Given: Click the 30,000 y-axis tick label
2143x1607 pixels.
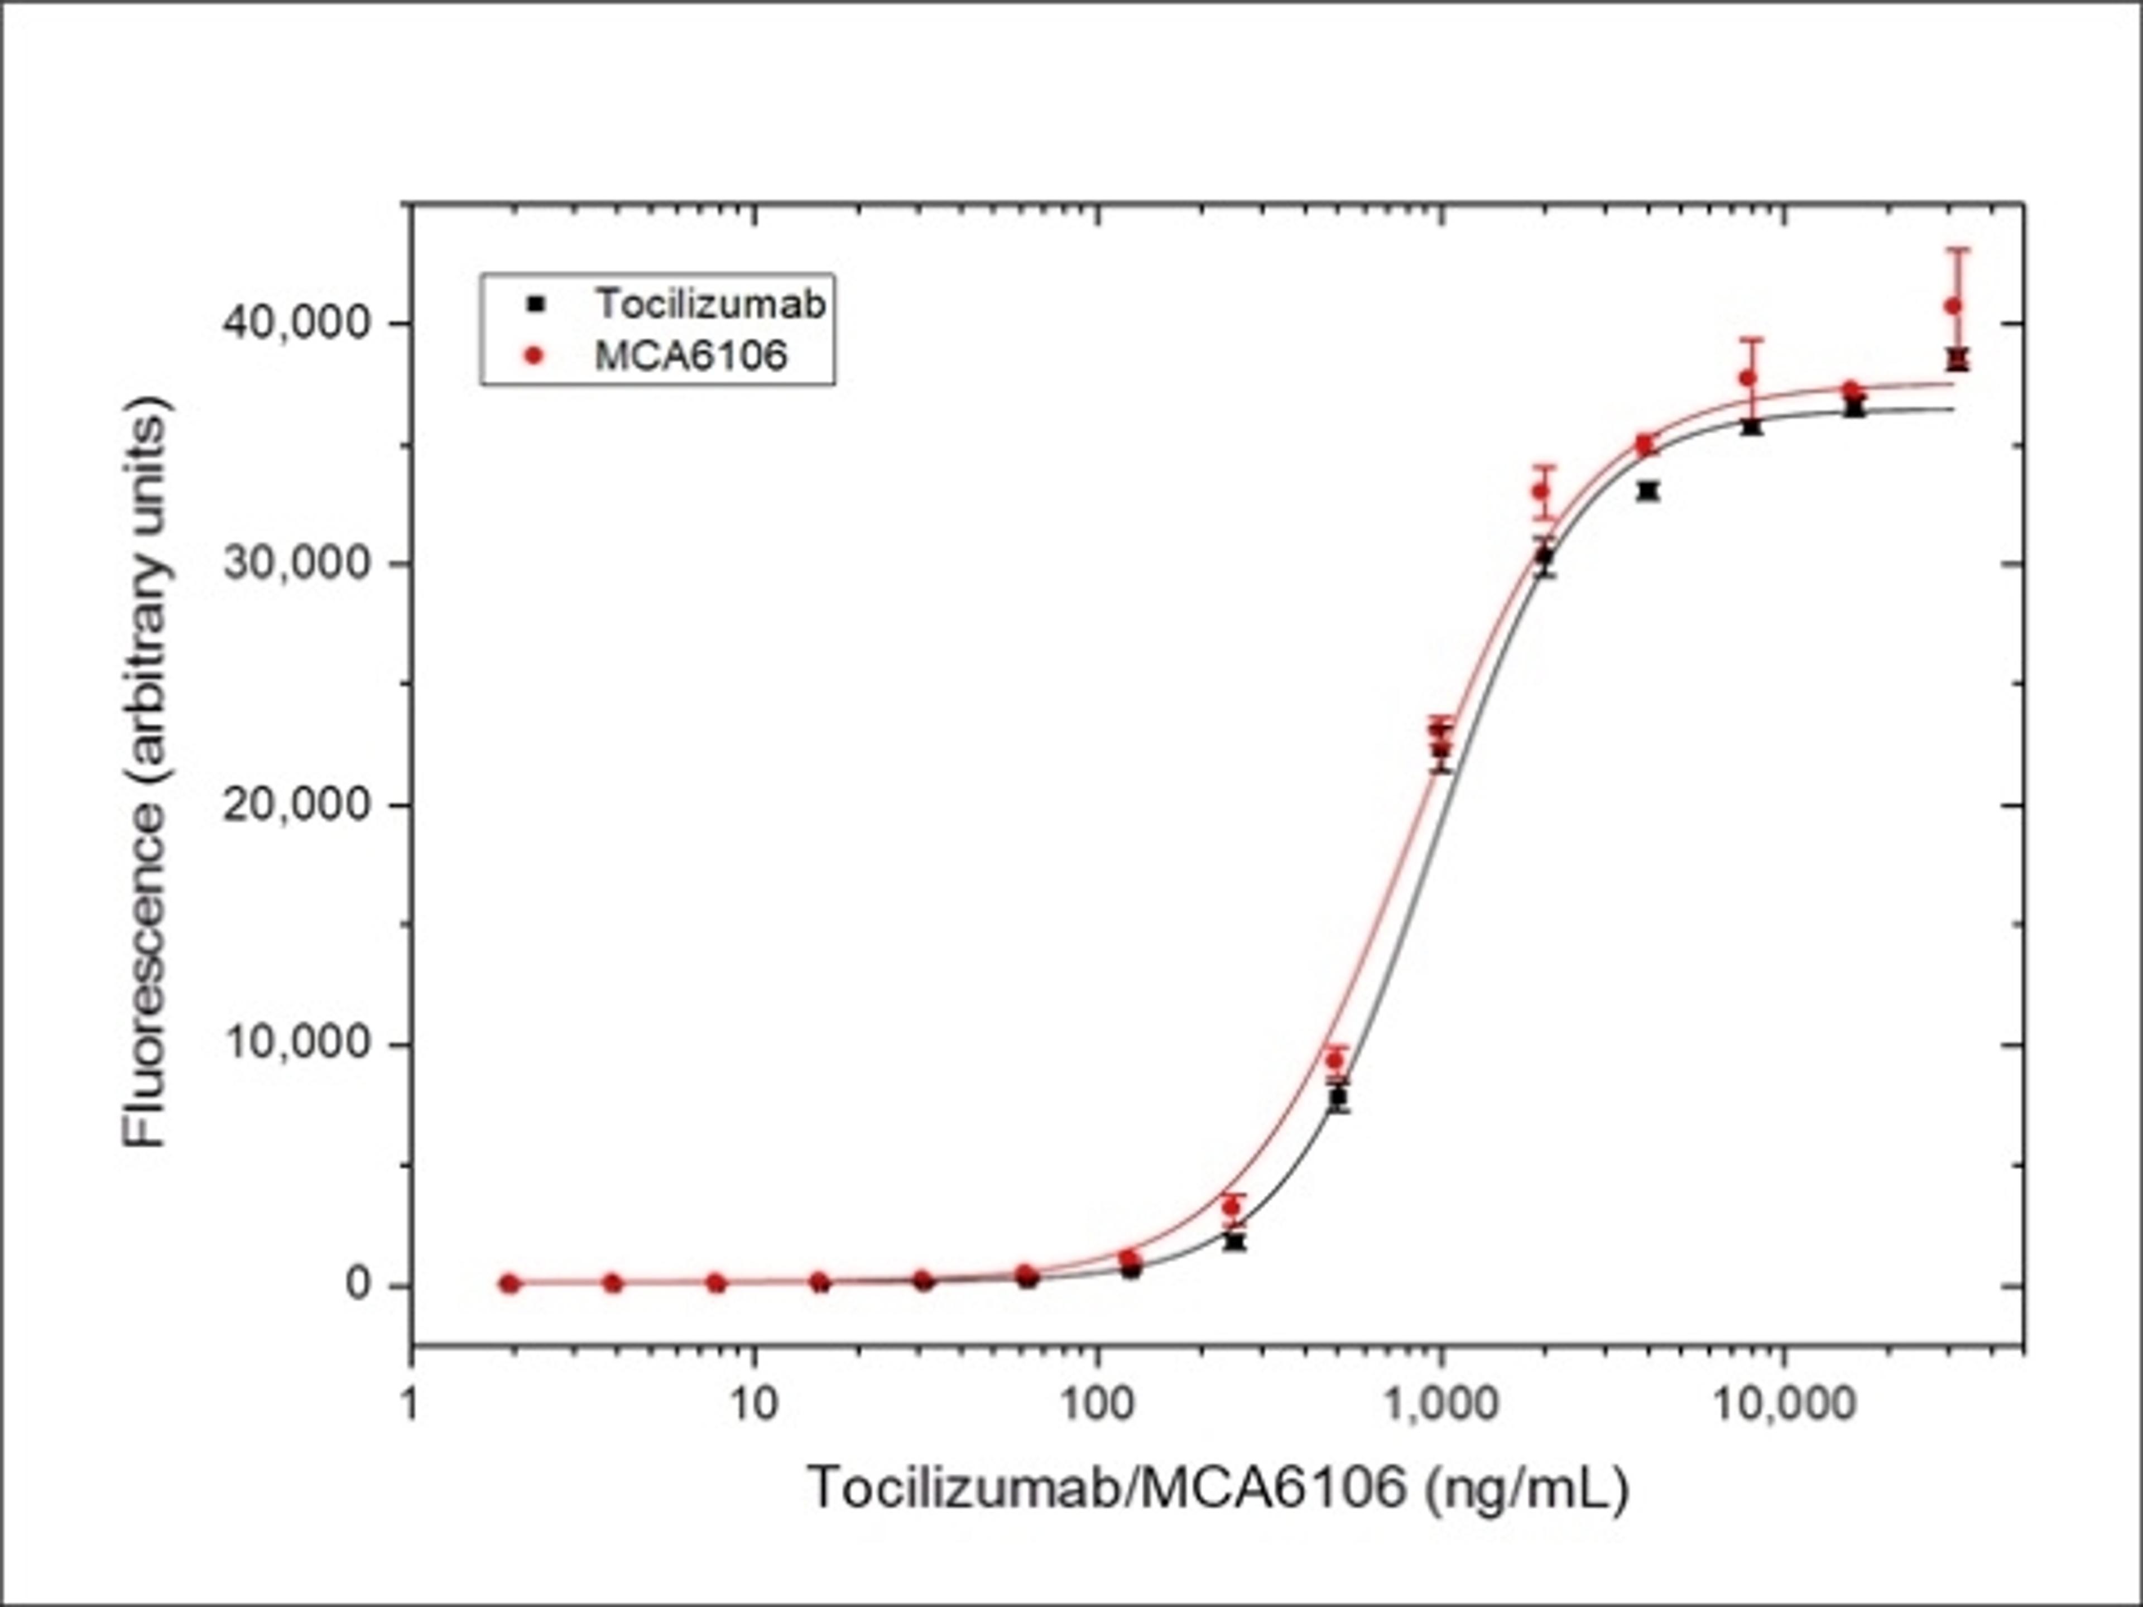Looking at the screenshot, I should tap(297, 563).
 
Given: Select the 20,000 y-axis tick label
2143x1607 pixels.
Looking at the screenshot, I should tap(297, 804).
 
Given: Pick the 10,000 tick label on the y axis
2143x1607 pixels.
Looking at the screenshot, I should tap(297, 1044).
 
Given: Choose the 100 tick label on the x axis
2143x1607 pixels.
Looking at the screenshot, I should tap(1098, 1403).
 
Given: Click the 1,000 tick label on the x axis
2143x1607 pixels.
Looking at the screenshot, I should tap(1440, 1403).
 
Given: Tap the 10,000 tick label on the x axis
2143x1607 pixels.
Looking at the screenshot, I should tap(1784, 1403).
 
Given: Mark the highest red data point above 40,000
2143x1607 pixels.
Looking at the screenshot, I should tap(1953, 306).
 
